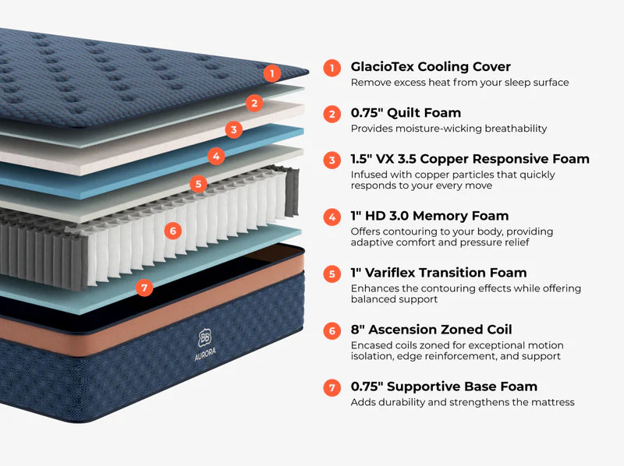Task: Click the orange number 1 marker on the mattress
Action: point(271,73)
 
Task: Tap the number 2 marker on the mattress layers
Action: point(253,103)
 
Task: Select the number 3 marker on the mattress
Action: point(234,129)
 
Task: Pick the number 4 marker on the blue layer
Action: point(217,156)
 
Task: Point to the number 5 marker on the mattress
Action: point(199,185)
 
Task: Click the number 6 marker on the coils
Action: point(172,231)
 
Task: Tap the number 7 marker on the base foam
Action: point(143,288)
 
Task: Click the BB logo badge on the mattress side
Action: point(205,337)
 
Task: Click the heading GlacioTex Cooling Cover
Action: point(431,67)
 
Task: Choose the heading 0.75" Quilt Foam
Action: point(406,114)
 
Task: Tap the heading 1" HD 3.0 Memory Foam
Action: point(429,216)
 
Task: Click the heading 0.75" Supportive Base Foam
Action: point(444,387)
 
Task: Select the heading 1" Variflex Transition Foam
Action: point(438,273)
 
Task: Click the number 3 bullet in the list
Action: point(332,160)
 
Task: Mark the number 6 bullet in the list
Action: point(332,330)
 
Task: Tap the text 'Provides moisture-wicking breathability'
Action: point(448,129)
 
